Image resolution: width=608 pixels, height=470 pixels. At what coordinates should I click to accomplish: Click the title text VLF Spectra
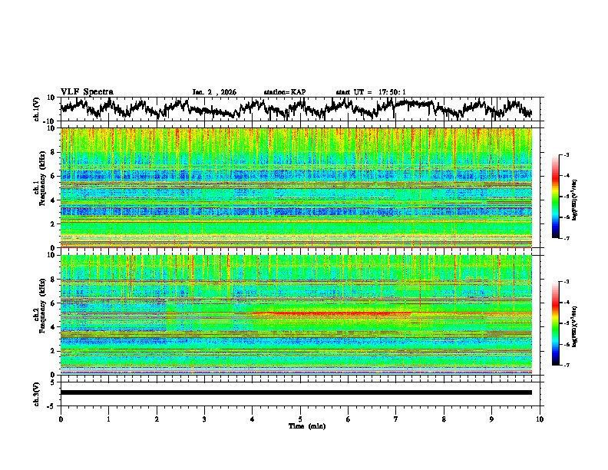87,91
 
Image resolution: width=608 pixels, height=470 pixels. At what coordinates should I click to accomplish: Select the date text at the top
214,92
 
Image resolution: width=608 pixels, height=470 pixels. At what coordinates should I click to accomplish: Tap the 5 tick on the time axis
301,419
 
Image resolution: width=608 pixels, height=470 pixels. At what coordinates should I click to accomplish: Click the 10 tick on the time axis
540,419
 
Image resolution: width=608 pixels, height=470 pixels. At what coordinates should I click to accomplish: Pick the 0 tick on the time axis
61,419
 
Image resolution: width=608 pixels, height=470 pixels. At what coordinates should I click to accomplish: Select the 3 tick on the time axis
205,419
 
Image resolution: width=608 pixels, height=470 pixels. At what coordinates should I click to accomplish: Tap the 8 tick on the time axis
444,419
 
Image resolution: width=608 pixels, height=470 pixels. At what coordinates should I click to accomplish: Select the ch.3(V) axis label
36,392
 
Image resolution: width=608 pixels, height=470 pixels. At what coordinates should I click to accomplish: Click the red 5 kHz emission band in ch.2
338,313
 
